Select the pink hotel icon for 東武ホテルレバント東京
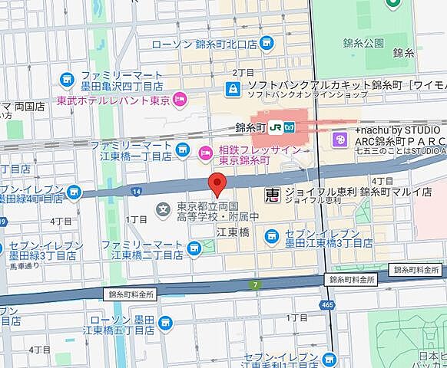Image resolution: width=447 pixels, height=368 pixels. pyautogui.click(x=180, y=98)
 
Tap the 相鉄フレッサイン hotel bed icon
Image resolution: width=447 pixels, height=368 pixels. pyautogui.click(x=204, y=150)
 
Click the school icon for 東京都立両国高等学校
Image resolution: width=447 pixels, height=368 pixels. pyautogui.click(x=163, y=209)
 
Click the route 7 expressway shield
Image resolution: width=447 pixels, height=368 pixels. pyautogui.click(x=255, y=285)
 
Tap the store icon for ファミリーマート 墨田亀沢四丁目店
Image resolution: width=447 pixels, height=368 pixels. pyautogui.click(x=68, y=79)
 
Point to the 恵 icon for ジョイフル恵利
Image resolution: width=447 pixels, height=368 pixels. pyautogui.click(x=272, y=196)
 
